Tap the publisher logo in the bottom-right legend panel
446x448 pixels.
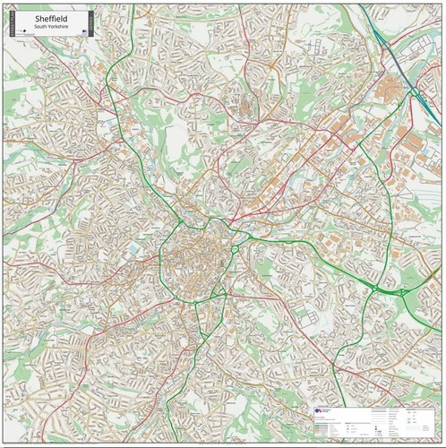(320, 410)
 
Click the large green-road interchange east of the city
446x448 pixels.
(400, 291)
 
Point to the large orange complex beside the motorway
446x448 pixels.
(392, 89)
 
